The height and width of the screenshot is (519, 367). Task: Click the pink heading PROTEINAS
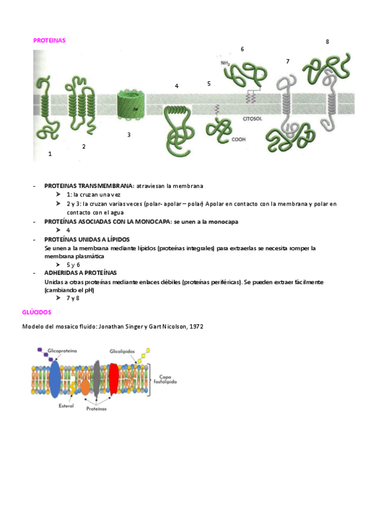point(50,40)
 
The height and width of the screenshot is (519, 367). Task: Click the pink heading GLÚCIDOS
point(37,312)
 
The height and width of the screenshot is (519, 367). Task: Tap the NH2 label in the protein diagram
point(225,63)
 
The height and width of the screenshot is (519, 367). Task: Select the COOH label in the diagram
point(238,140)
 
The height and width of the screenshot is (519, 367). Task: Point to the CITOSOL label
point(252,119)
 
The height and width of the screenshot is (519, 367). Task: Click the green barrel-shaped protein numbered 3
point(132,104)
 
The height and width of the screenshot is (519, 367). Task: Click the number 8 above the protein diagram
point(328,42)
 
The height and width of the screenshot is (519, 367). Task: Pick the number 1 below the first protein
point(50,154)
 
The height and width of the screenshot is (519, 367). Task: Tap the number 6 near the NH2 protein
point(243,50)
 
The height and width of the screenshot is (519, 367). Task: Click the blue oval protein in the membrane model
point(55,379)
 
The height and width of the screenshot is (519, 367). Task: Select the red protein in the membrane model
point(113,379)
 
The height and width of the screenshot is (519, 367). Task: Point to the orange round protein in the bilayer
point(85,387)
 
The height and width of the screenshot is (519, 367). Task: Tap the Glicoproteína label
point(62,351)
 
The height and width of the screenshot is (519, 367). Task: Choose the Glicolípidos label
point(122,351)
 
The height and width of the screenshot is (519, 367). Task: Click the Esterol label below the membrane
point(66,406)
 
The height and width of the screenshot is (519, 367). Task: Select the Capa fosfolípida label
point(165,379)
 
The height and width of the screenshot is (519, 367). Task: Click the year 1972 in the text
point(197,327)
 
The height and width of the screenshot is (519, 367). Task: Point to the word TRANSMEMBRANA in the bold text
point(106,186)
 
